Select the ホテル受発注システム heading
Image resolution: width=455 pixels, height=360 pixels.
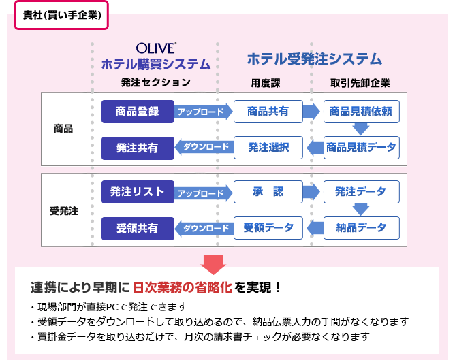pos(314,60)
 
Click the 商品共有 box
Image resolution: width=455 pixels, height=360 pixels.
pos(268,112)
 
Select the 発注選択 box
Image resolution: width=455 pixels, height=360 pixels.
pos(268,147)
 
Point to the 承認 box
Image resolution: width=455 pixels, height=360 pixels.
pos(268,193)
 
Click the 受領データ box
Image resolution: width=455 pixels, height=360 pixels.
pos(268,228)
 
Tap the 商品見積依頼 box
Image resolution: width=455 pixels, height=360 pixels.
pos(360,112)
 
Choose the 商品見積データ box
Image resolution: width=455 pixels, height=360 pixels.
pos(360,147)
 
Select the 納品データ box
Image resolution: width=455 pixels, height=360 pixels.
pos(360,228)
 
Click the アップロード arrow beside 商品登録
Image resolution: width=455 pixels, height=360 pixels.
pos(202,112)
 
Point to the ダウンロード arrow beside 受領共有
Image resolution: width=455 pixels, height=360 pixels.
pos(202,228)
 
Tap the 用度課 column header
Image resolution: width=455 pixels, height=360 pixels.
pos(266,83)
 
